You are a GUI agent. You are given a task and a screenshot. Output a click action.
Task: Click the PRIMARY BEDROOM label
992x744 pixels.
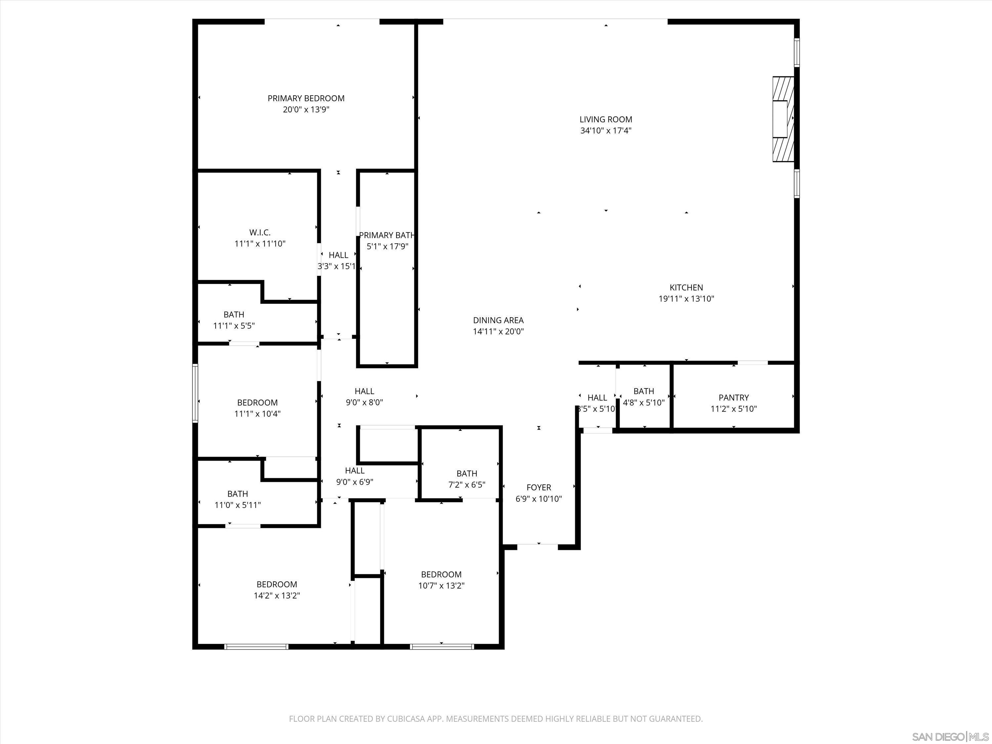point(306,98)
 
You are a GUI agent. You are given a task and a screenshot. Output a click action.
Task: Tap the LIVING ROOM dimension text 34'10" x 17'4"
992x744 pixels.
point(606,131)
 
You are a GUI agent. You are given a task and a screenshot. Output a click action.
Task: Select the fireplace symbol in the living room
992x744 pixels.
point(783,119)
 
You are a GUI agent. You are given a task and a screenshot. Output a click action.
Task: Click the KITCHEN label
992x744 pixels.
point(686,287)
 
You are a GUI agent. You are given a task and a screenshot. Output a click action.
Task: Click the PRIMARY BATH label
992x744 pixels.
point(387,235)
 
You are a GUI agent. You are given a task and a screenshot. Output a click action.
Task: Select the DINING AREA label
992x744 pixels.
point(498,320)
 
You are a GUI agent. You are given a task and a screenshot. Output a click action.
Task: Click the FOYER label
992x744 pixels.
point(539,487)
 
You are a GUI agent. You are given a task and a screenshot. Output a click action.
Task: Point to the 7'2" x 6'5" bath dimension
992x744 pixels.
point(467,485)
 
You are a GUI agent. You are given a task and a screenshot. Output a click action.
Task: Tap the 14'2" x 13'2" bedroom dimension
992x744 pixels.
point(277,596)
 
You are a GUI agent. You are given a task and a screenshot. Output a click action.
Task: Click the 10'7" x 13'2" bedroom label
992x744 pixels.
point(441,574)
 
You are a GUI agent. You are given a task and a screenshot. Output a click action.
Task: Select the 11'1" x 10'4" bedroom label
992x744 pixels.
point(257,403)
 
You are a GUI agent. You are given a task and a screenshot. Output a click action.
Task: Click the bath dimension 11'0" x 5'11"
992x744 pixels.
point(238,505)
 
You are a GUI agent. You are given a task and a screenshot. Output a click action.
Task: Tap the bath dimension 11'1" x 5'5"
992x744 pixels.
point(234,326)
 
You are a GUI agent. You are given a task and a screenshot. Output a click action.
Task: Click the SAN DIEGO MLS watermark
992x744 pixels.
point(950,737)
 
